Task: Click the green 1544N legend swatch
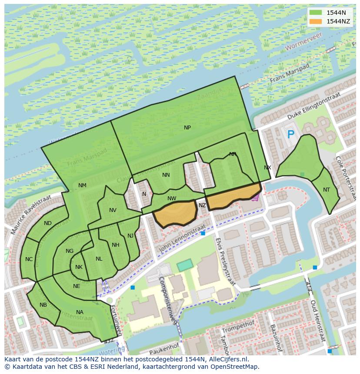(316, 13)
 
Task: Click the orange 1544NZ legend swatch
(316, 21)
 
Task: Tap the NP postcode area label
(187, 127)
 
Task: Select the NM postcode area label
(82, 185)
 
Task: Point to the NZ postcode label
(202, 205)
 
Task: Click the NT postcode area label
(327, 189)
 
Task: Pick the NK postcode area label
(79, 267)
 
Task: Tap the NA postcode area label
(80, 312)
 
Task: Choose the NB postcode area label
(43, 305)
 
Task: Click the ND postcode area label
(48, 223)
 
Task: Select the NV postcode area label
(113, 210)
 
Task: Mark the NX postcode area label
(267, 167)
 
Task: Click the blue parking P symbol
(290, 135)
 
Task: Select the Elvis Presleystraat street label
(225, 261)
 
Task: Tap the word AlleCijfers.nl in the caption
(227, 359)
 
